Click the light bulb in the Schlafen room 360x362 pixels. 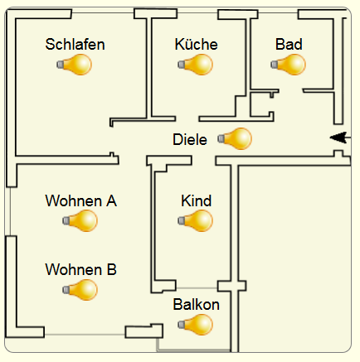pyautogui.click(x=74, y=65)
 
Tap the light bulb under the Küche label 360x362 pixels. pyautogui.click(x=195, y=65)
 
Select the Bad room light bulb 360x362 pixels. pyautogui.click(x=288, y=65)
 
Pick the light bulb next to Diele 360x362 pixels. pyautogui.click(x=235, y=138)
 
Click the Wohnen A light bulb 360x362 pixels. pyautogui.click(x=80, y=220)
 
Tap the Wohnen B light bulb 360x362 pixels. pyautogui.click(x=80, y=290)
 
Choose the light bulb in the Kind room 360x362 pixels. pyautogui.click(x=195, y=220)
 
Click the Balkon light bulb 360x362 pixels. pyautogui.click(x=195, y=325)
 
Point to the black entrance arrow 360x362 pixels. pyautogui.click(x=340, y=138)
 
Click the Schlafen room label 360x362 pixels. pyautogui.click(x=75, y=45)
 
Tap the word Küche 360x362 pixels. pyautogui.click(x=196, y=44)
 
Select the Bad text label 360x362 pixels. pyautogui.click(x=289, y=44)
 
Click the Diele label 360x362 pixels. pyautogui.click(x=190, y=139)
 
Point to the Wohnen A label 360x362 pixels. pyautogui.click(x=81, y=200)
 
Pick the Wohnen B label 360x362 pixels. pyautogui.click(x=81, y=269)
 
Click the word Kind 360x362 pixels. pyautogui.click(x=197, y=200)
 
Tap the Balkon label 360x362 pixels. pyautogui.click(x=197, y=305)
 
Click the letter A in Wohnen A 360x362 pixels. pyautogui.click(x=111, y=200)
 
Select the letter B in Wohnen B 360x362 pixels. pyautogui.click(x=111, y=269)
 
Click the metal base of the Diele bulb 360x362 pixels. pyautogui.click(x=221, y=138)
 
